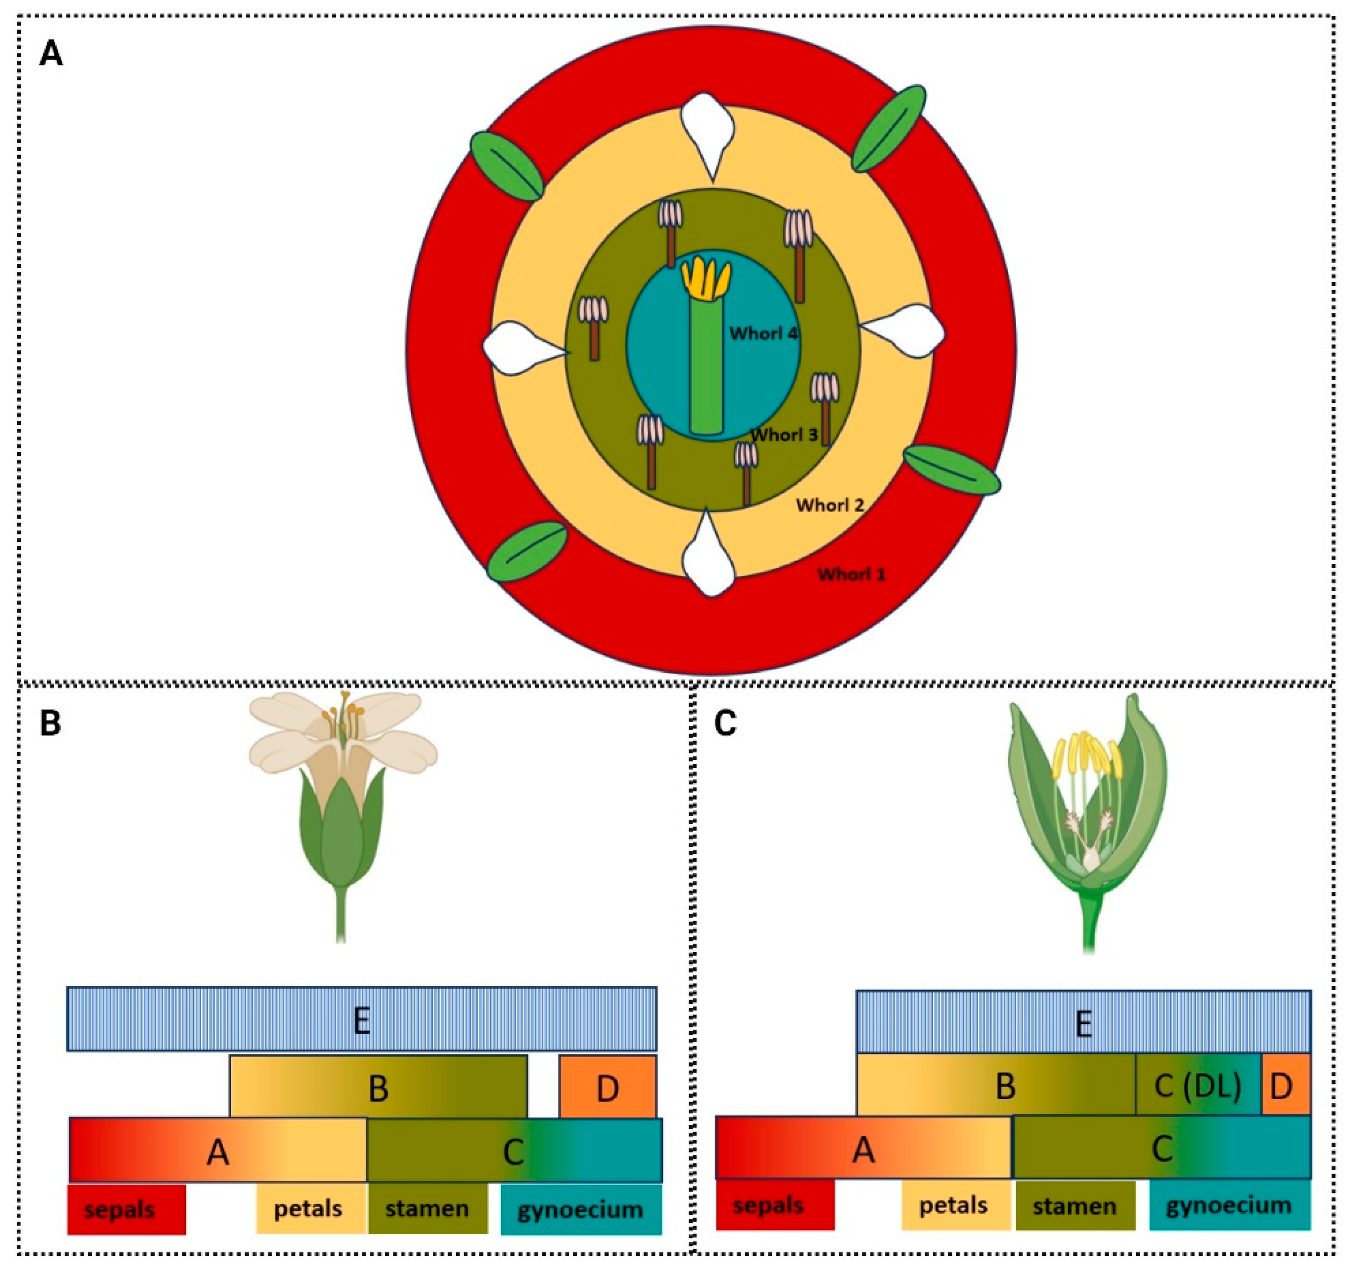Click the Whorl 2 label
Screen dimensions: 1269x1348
830,505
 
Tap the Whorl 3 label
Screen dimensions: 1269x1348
784,435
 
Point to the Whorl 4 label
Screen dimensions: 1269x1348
763,334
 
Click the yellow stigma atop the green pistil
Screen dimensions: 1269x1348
705,279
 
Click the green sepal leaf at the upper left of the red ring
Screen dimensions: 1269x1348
507,166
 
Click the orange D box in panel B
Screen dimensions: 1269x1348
607,1088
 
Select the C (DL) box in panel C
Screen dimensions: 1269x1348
1197,1086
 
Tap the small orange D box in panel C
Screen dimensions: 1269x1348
1286,1086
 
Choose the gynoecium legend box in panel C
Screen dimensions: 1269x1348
1229,1206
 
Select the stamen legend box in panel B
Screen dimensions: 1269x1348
427,1209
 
